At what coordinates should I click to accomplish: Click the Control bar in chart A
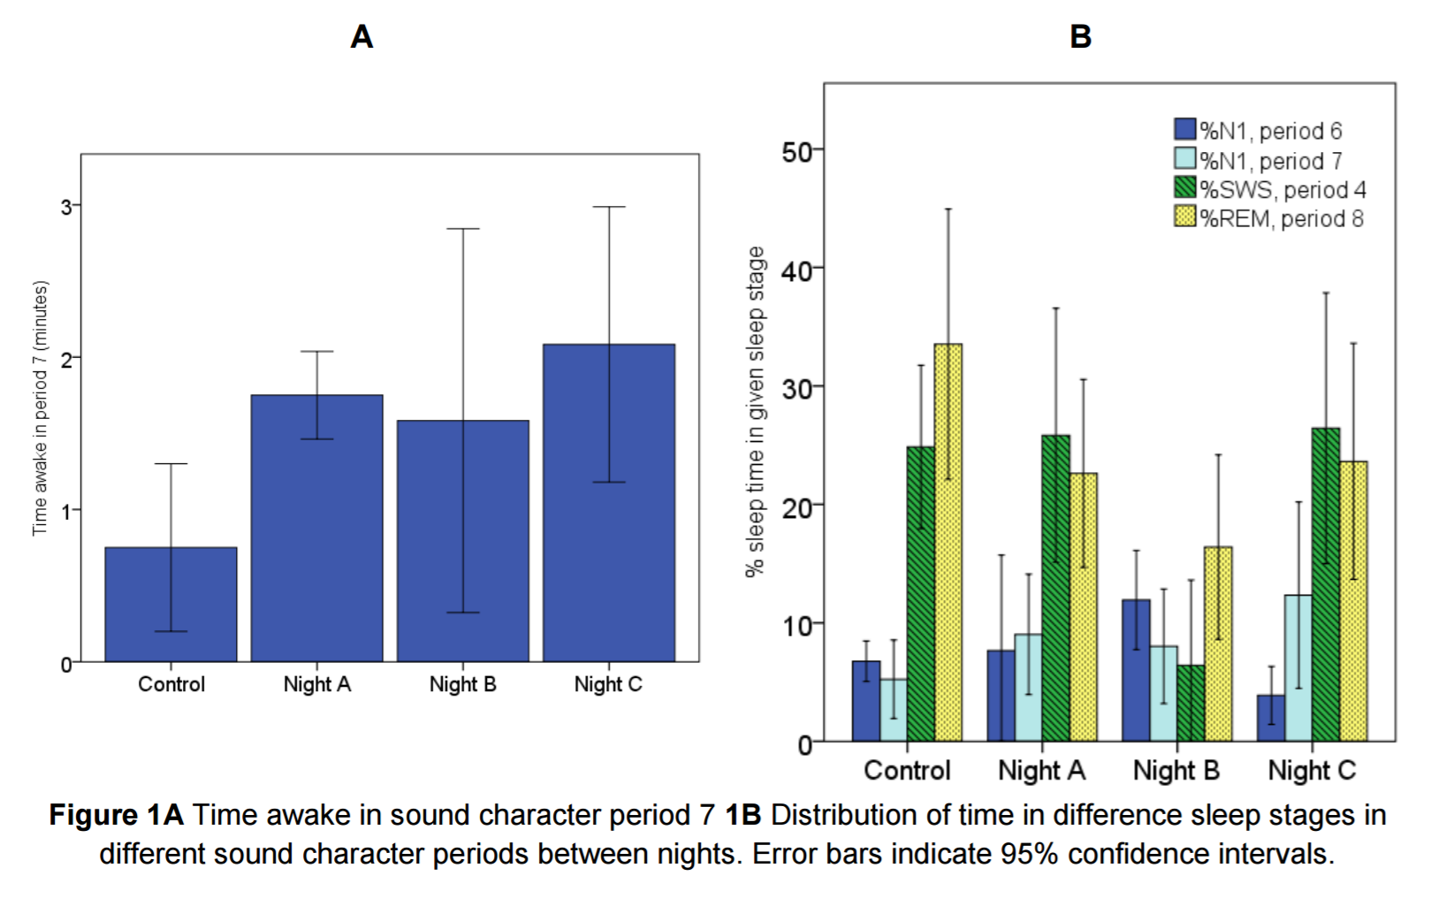(171, 605)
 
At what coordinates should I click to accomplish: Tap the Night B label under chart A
(462, 684)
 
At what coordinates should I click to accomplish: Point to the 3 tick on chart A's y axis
(66, 207)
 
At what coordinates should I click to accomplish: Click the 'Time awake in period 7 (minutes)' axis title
(40, 408)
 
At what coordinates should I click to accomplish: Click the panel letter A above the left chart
(361, 37)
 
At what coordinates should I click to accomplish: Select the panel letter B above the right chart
(1080, 37)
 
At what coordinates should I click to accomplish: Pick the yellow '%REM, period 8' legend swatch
(1184, 217)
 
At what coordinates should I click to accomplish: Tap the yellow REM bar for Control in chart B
(947, 543)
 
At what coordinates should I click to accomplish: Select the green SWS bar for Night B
(1191, 704)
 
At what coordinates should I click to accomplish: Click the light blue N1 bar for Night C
(1297, 668)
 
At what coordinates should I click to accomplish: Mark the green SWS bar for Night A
(1055, 588)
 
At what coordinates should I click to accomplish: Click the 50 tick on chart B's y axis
(797, 152)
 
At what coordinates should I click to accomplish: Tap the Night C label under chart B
(1312, 771)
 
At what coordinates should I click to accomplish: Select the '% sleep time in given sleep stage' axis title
(755, 412)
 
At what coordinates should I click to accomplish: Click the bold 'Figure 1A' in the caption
(116, 815)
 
